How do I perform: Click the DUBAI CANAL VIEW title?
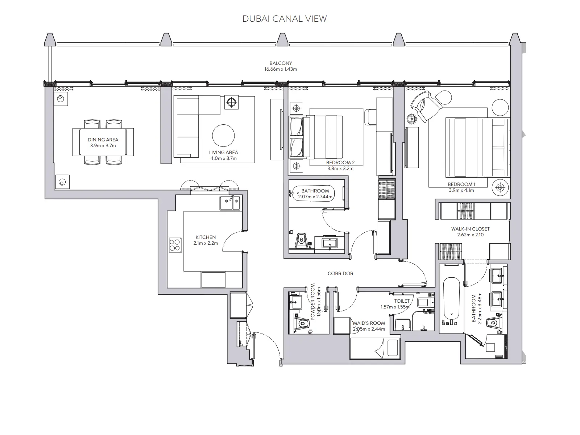(x=285, y=19)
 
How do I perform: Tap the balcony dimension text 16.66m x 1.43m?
(x=281, y=69)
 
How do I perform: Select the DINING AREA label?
(x=103, y=140)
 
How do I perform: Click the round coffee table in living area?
(x=223, y=136)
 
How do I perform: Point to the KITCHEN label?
(x=206, y=237)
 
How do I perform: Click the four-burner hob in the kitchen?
(x=175, y=245)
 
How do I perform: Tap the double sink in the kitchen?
(x=230, y=203)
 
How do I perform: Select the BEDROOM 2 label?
(x=340, y=163)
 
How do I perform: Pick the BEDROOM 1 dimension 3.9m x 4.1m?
(x=461, y=190)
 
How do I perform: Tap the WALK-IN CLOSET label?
(x=470, y=229)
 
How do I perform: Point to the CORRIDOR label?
(x=340, y=273)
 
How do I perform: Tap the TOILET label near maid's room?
(x=402, y=301)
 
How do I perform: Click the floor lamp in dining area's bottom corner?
(x=62, y=182)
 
